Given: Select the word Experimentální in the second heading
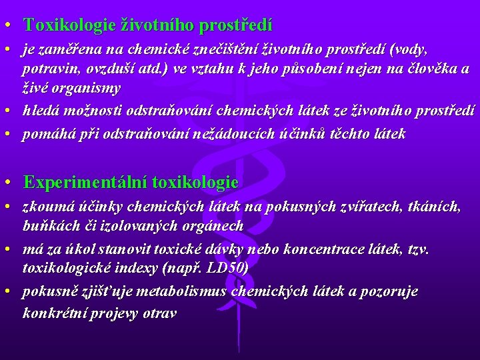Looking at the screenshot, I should tap(86, 182).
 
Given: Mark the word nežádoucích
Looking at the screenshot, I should tap(228, 134).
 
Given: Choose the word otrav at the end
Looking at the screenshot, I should tap(160, 312).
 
